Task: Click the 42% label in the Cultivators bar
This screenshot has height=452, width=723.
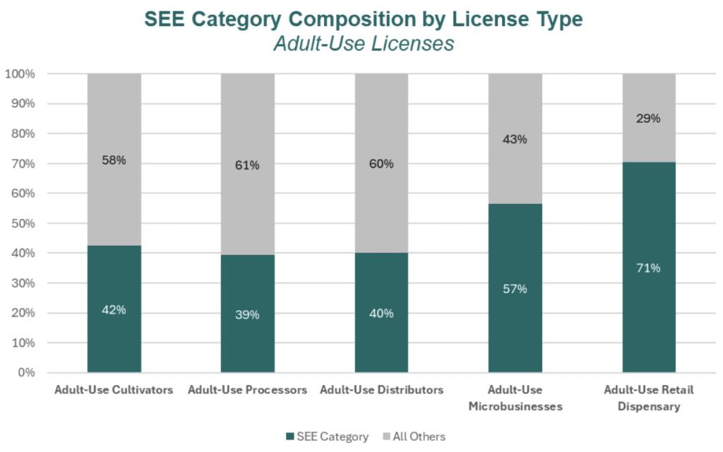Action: click(114, 309)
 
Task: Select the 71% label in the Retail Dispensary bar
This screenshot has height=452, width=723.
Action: click(648, 268)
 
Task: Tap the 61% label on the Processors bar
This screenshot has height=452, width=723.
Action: click(247, 165)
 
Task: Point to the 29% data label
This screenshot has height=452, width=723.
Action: click(648, 119)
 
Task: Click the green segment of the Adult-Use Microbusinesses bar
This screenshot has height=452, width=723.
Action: click(515, 318)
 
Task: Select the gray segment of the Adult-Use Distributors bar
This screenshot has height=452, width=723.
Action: click(381, 127)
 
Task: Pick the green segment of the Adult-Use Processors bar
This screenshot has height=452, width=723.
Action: click(247, 339)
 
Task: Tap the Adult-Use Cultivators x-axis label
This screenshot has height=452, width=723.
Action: click(114, 390)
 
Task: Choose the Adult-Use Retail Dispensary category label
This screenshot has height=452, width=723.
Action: click(648, 398)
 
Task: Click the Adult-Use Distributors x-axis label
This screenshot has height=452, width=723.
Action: click(381, 390)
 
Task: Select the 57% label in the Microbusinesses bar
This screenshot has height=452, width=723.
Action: click(515, 288)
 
